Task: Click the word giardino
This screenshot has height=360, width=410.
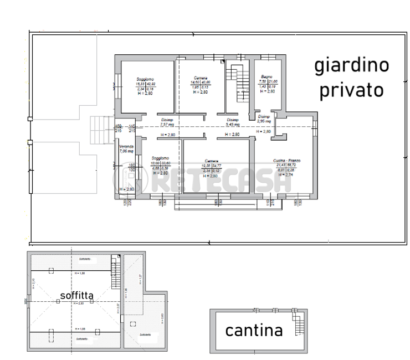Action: (x=352, y=66)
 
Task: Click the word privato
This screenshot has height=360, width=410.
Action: (x=351, y=89)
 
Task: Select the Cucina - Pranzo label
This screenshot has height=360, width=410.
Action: (x=286, y=161)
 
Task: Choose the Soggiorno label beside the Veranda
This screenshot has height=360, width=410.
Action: (x=160, y=158)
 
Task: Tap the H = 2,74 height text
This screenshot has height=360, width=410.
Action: (x=286, y=174)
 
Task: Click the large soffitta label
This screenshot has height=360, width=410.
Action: (x=76, y=296)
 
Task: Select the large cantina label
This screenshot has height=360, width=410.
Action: (x=254, y=331)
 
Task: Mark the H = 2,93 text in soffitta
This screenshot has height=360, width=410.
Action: (x=76, y=304)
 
